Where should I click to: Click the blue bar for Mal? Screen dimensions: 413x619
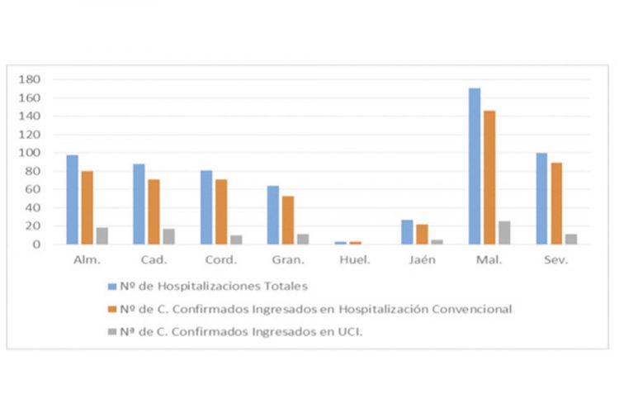tap(475, 166)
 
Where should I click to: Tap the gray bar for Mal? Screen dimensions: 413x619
tap(504, 233)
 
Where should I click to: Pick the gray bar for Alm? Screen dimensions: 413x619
tap(102, 236)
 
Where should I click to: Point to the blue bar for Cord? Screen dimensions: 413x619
tap(206, 207)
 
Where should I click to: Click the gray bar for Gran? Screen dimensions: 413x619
tap(304, 239)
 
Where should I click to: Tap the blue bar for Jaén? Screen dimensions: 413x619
tap(408, 232)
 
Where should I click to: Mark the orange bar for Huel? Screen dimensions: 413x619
tap(355, 243)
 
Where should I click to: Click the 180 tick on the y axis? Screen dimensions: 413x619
tap(31, 80)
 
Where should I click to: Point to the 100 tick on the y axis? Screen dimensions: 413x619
tap(31, 153)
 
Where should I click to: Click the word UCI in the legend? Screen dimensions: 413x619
tap(351, 332)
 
